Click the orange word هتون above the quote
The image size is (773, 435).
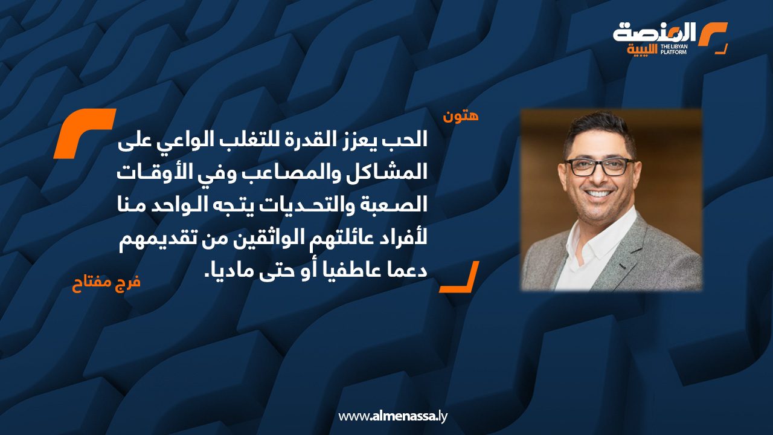point(461,116)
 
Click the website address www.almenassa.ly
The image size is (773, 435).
point(393,416)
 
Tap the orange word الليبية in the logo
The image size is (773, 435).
point(641,49)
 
